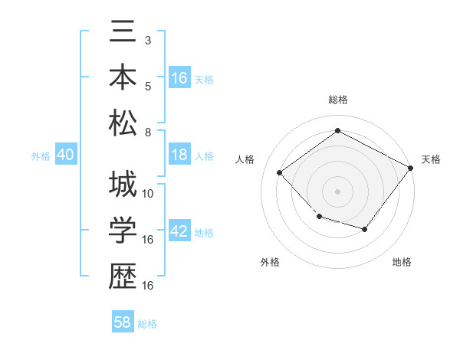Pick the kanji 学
coord(123,230)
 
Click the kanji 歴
coord(123,275)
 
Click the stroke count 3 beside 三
coord(147,39)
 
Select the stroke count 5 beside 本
coord(147,85)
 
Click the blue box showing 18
coord(179,155)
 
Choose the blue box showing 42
coord(179,232)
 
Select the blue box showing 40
coord(65,155)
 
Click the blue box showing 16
coord(179,78)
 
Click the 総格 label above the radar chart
coord(337,100)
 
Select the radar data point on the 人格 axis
coord(280,172)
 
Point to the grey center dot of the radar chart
coord(337,191)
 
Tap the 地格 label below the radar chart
coord(402,262)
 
